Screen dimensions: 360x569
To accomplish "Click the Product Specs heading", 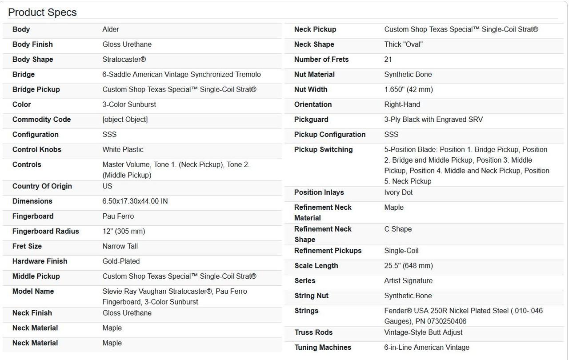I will (42, 12).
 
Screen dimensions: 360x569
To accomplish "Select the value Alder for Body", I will (111, 29).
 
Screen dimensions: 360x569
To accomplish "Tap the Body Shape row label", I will (32, 60).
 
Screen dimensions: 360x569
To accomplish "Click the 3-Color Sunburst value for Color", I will (129, 104).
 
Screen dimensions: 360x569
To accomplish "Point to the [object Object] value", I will (125, 120).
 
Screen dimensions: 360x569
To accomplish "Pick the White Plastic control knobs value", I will (123, 150).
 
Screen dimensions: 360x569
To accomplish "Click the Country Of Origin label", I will (42, 186).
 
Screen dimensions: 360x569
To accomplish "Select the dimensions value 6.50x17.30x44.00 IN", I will (135, 201).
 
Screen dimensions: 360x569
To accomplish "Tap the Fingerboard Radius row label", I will (45, 232).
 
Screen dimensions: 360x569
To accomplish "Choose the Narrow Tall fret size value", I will (120, 246).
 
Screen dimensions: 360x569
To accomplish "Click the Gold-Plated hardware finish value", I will (121, 261).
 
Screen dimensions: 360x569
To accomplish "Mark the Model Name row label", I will (33, 292).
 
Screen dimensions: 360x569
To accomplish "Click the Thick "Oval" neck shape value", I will (403, 44).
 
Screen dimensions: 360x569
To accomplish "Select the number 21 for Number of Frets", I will (388, 60).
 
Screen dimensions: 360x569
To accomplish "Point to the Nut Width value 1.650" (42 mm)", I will (408, 90).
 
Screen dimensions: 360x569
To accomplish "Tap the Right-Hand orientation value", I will (402, 104).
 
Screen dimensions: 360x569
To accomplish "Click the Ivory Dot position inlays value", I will (398, 192).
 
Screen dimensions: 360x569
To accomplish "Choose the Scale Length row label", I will (316, 266).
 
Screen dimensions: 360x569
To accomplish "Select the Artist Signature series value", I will (408, 281).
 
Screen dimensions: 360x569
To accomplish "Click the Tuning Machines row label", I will (323, 348).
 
